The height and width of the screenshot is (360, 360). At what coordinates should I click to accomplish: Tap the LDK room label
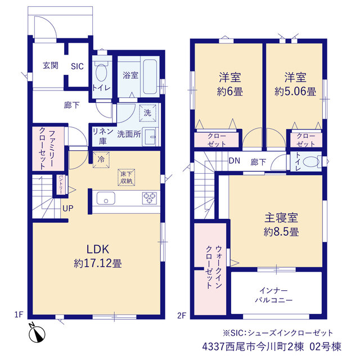coord(97,249)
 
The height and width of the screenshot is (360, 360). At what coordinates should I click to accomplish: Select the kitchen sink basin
coord(106,199)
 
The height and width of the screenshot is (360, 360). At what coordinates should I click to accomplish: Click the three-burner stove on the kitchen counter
coord(150,198)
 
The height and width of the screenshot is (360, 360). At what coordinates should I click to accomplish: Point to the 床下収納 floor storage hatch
coord(126,177)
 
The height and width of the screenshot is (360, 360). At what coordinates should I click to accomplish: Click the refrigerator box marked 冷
coord(101,160)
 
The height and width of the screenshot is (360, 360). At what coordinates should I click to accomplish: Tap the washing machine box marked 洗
coord(147,112)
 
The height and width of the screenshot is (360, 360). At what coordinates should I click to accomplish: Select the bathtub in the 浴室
coord(150,76)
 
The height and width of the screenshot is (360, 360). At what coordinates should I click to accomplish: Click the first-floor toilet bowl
coord(101,73)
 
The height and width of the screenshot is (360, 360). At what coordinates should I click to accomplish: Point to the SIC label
coord(77,66)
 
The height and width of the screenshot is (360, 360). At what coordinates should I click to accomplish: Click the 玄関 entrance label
coord(51,66)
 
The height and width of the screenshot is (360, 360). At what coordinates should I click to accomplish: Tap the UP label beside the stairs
coord(68,209)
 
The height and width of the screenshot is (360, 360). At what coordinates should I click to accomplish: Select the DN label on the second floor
coord(235,161)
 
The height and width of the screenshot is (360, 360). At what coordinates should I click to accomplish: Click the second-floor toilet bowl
coord(311,161)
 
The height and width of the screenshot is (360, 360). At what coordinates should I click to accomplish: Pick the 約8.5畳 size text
coord(281,232)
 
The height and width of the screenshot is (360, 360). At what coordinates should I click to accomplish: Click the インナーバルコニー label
coord(274,295)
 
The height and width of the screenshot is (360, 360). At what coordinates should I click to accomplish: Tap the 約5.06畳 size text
coord(295,91)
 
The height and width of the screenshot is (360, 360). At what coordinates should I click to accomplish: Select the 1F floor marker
coord(19,314)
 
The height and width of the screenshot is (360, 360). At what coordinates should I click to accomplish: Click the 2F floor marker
coord(181,316)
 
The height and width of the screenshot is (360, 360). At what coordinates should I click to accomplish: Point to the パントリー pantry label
coord(61,184)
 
